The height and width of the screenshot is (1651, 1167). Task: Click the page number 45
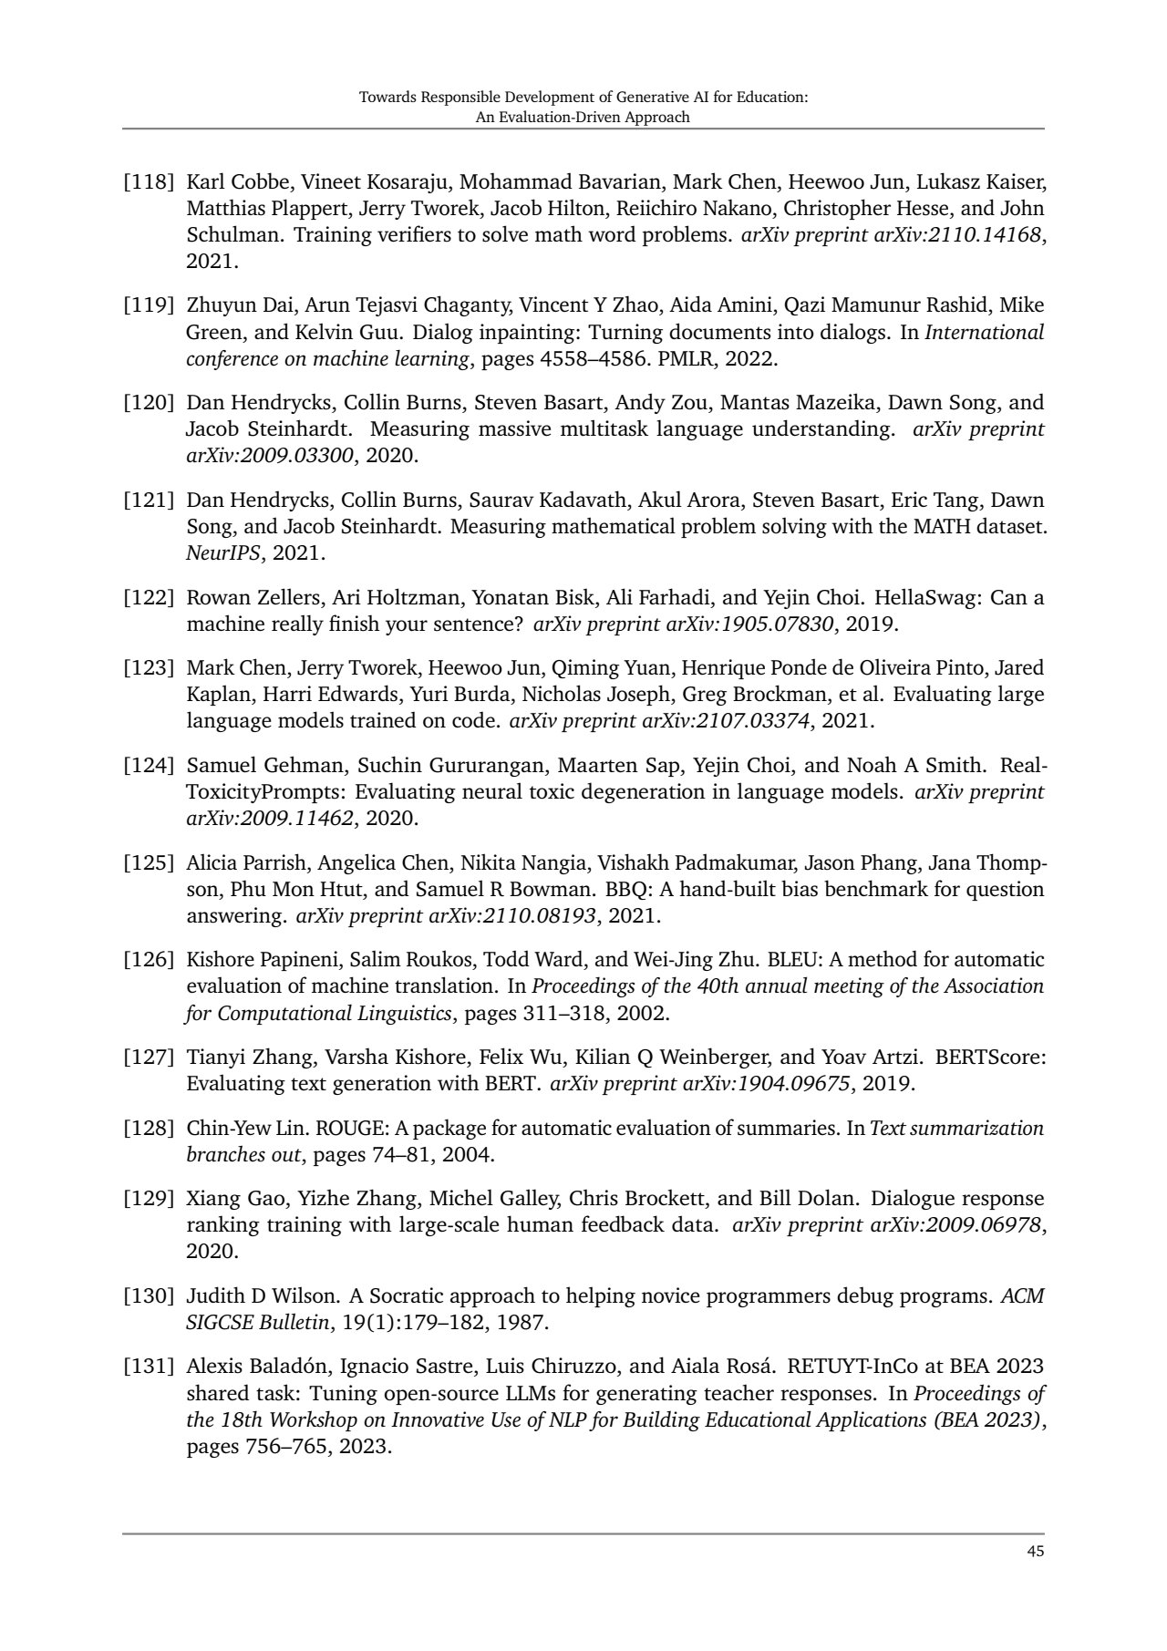point(1034,1552)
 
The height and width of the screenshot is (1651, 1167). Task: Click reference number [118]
point(149,181)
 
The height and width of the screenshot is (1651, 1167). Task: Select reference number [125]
point(149,862)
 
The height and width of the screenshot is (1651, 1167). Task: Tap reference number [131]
point(149,1366)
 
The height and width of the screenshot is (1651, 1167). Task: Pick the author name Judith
point(216,1295)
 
